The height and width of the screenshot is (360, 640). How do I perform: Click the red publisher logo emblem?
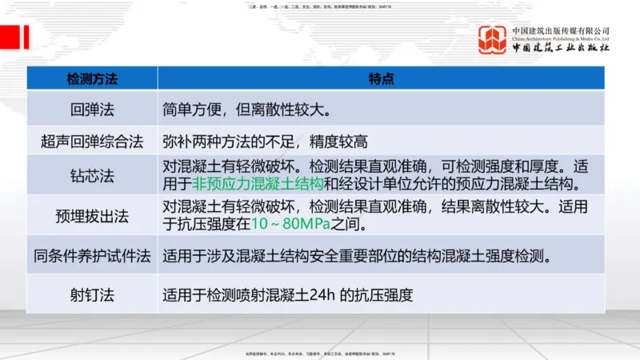pyautogui.click(x=491, y=40)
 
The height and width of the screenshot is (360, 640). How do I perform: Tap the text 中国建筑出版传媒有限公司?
pyautogui.click(x=561, y=30)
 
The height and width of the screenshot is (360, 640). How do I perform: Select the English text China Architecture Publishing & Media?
pyautogui.click(x=561, y=38)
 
